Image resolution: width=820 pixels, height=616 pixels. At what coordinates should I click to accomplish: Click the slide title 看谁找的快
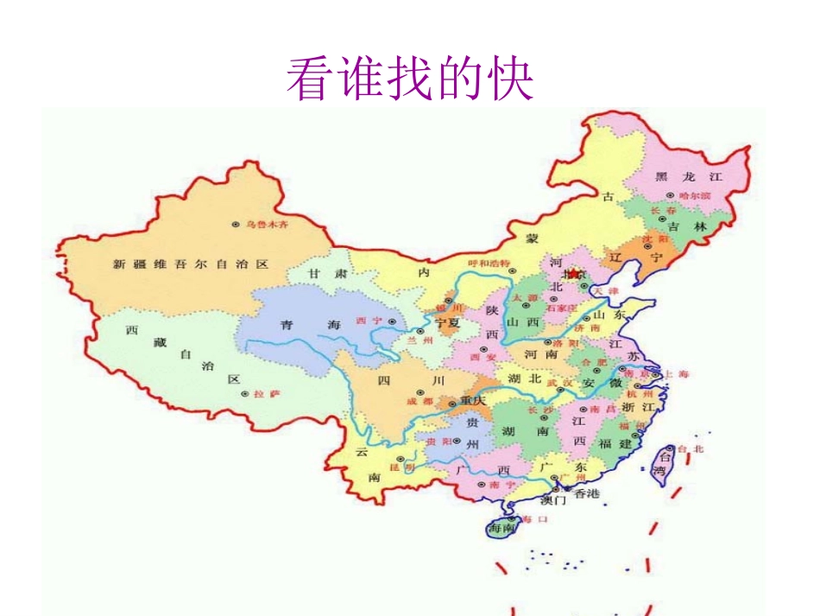pyautogui.click(x=410, y=79)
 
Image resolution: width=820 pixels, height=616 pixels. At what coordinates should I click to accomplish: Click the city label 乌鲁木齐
pyautogui.click(x=266, y=224)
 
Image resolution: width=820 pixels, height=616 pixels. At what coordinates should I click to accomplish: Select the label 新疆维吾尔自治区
pyautogui.click(x=190, y=264)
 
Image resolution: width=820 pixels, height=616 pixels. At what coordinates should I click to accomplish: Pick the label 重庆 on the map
pyautogui.click(x=473, y=401)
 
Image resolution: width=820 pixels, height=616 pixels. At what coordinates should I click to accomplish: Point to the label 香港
pyautogui.click(x=586, y=493)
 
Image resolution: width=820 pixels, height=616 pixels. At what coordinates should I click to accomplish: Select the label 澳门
pyautogui.click(x=553, y=500)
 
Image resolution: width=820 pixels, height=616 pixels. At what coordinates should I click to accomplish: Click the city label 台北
pyautogui.click(x=692, y=448)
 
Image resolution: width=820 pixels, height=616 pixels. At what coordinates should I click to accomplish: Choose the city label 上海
pyautogui.click(x=676, y=374)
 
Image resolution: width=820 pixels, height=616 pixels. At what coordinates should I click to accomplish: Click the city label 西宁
pyautogui.click(x=368, y=321)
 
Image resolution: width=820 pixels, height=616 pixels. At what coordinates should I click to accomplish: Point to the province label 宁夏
pyautogui.click(x=448, y=321)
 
